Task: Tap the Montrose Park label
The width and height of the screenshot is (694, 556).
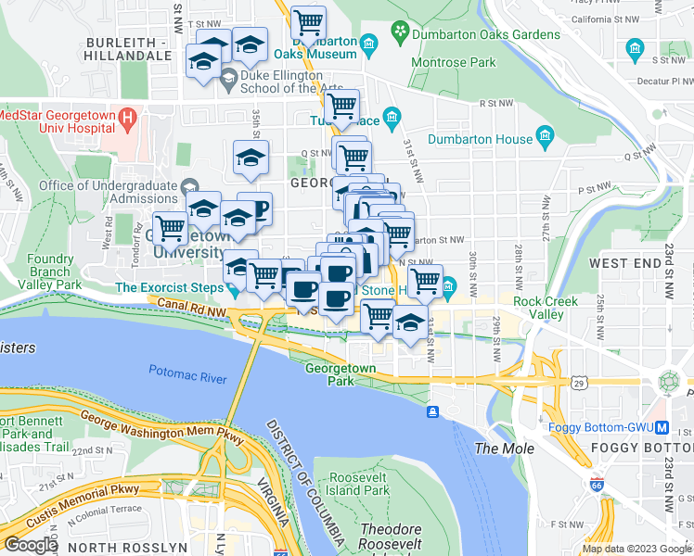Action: tap(457, 63)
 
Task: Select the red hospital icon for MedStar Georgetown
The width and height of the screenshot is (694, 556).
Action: tap(129, 120)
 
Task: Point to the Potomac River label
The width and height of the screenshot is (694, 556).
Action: tap(187, 372)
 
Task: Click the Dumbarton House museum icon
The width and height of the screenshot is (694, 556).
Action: tap(545, 140)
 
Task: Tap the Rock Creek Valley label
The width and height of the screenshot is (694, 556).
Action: tap(546, 308)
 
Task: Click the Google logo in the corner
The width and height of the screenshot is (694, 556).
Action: tap(30, 545)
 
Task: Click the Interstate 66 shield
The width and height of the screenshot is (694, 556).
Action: tap(597, 484)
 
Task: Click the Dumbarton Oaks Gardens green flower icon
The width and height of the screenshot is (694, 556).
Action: tap(400, 34)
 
